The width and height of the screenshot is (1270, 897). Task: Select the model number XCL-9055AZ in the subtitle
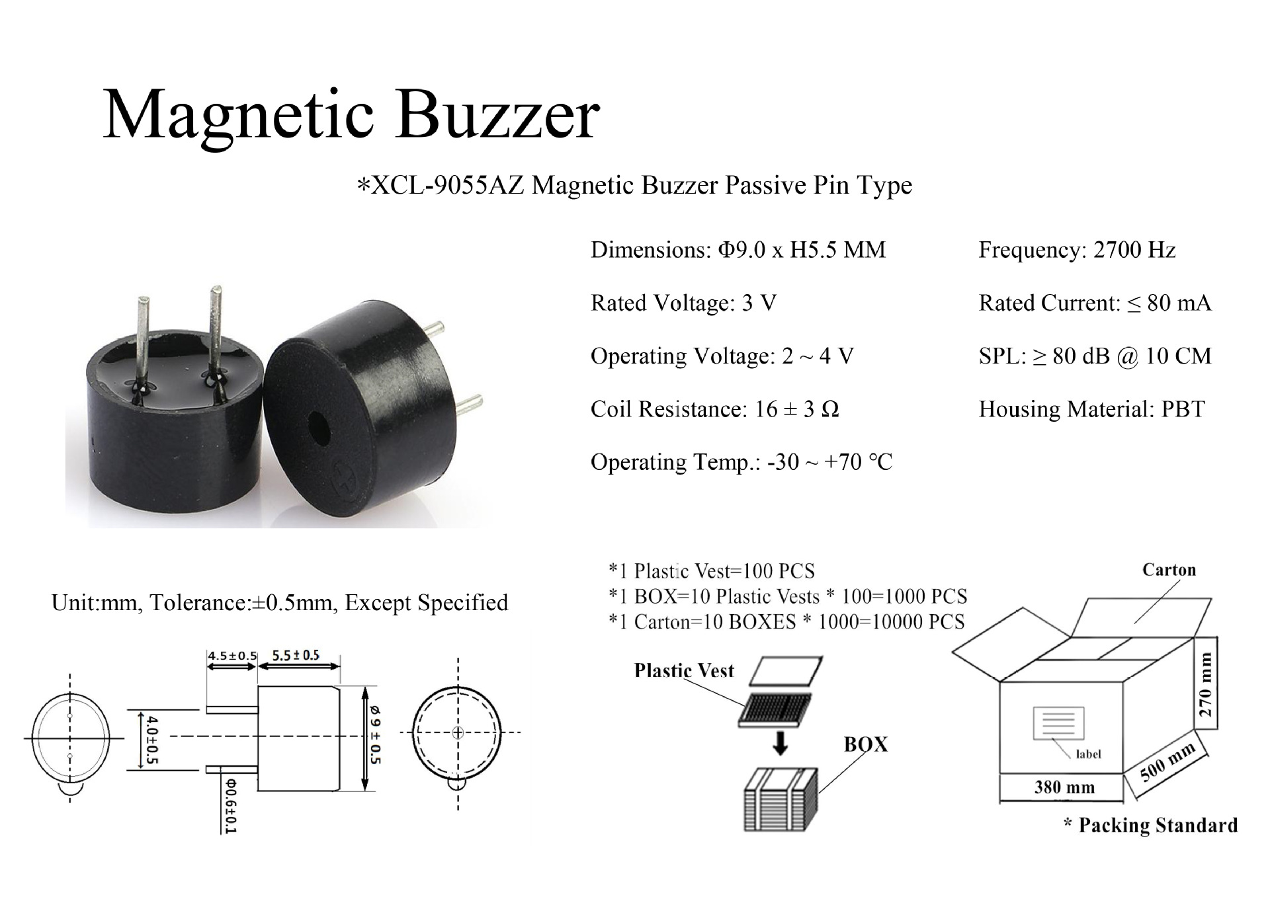448,186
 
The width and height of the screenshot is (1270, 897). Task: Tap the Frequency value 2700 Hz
1134,251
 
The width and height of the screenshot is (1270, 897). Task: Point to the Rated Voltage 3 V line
683,303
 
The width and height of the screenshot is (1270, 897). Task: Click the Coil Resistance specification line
714,409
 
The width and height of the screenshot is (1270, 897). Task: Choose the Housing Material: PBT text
1091,409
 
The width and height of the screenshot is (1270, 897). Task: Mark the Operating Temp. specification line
741,462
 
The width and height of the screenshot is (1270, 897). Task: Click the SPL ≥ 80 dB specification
1095,356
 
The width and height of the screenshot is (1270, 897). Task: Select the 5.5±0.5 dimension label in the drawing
296,655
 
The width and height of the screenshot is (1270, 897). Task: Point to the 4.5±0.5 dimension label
232,656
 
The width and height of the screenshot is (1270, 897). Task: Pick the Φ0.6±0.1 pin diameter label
230,805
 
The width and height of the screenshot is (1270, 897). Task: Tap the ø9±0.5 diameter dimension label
376,735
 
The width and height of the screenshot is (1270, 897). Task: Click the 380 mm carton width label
1064,787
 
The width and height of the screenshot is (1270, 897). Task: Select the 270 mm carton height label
1206,685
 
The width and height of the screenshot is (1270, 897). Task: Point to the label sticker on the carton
1059,723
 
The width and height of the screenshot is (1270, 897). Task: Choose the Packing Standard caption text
1151,826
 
